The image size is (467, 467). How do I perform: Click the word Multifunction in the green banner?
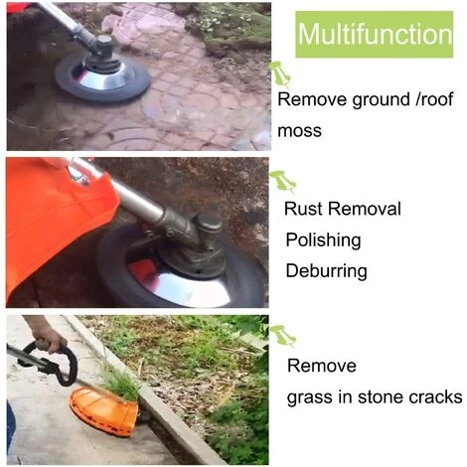click(375, 34)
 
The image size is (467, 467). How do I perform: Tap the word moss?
click(299, 131)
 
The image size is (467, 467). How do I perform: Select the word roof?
click(436, 99)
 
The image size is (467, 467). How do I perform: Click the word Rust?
click(304, 209)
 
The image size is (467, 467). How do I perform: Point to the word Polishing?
click(323, 240)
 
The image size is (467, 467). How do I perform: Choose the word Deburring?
click(326, 270)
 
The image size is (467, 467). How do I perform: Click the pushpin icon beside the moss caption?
click(280, 74)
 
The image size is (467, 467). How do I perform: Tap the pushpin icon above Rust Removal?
click(282, 181)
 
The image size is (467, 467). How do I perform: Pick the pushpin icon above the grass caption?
click(282, 336)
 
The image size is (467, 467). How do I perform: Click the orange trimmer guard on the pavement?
click(104, 411)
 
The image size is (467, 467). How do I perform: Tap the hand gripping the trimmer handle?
click(49, 336)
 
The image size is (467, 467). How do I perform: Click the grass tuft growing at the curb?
click(120, 384)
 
